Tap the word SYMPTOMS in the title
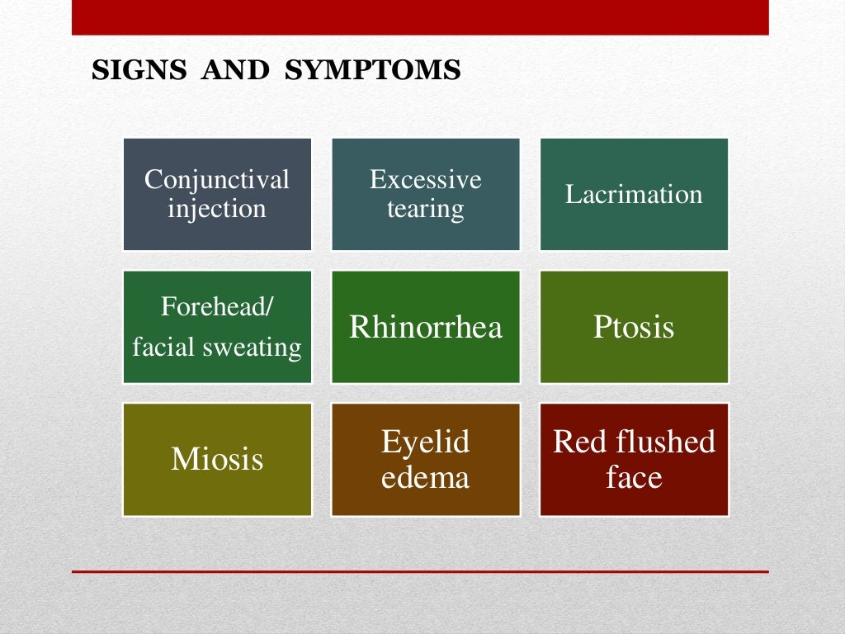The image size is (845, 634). pos(372,71)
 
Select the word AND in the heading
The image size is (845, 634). pos(235,71)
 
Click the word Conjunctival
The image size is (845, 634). pos(217,179)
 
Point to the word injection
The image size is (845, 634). pos(217,208)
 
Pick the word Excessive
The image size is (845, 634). pos(425,179)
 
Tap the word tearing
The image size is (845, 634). pos(425,209)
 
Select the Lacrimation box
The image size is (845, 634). pos(634,194)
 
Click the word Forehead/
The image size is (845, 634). pos(217,307)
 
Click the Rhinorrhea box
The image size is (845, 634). pos(425,327)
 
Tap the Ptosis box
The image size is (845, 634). pos(634,327)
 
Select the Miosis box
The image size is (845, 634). pos(217,459)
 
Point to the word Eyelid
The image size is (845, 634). pos(425,442)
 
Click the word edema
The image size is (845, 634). pos(425,477)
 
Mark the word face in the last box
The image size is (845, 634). pos(634,477)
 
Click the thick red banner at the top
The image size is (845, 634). pos(420,17)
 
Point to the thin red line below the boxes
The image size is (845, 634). pos(420,571)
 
